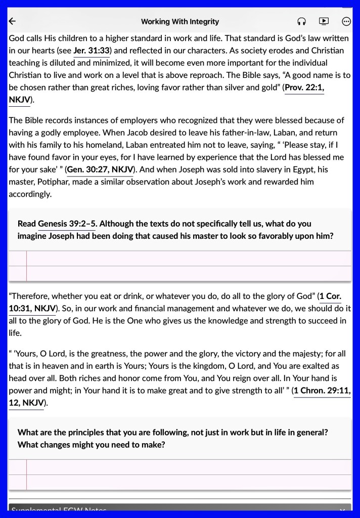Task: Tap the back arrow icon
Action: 13,21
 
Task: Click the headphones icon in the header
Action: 302,21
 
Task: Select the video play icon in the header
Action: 324,21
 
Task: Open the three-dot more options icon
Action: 346,21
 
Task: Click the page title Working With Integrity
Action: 180,21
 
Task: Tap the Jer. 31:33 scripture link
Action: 92,51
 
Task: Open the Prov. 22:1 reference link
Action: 304,88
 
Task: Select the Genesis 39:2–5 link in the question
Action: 67,224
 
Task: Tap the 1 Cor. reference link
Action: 330,296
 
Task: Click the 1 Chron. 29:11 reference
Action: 322,391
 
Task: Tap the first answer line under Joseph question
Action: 187,258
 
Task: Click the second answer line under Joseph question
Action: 187,274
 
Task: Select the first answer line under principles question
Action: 187,467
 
